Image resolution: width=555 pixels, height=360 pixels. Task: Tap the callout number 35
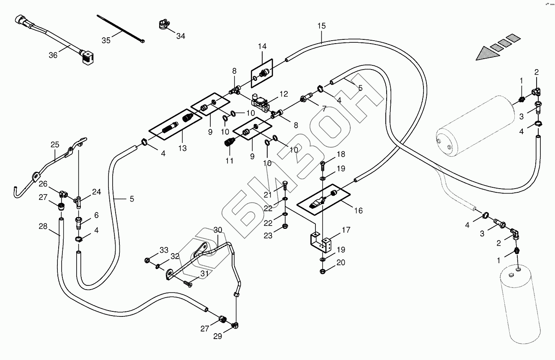(106, 40)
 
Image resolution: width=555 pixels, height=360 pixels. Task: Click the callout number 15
(321, 26)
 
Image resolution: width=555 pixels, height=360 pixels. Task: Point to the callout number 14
(262, 46)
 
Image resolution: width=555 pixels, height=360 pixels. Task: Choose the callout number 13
(183, 148)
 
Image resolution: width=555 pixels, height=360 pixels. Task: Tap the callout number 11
(229, 161)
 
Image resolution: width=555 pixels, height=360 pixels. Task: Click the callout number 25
(55, 145)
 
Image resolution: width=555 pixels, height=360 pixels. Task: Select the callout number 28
(43, 226)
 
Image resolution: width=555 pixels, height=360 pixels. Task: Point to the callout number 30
(218, 230)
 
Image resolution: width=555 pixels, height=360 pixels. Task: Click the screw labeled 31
(188, 284)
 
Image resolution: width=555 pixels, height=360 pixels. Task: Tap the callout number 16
(358, 211)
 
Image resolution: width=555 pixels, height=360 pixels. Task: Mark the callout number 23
(268, 236)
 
